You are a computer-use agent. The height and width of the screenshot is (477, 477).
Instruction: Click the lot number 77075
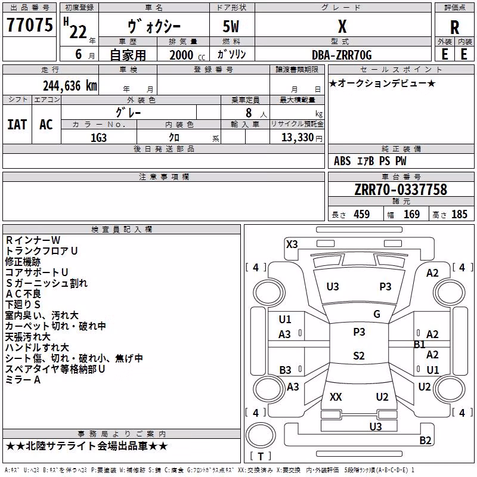(29, 24)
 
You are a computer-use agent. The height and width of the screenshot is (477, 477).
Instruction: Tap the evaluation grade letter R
(454, 27)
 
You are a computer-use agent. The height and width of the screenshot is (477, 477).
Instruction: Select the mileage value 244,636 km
(70, 86)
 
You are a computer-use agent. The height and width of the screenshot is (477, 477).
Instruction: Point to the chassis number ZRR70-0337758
(401, 190)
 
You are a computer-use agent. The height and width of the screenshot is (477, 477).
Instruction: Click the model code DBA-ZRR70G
(342, 55)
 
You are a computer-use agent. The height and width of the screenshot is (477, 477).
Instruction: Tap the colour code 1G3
(98, 138)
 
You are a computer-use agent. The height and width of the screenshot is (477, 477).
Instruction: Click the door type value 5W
(231, 26)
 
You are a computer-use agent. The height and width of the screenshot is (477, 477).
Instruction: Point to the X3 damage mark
(292, 244)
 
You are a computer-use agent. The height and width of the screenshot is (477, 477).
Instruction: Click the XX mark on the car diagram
(336, 397)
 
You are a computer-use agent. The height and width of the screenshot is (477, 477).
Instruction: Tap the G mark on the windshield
(377, 314)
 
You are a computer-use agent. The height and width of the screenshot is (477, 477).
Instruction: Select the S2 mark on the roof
(359, 355)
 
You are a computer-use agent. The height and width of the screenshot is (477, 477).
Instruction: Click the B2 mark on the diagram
(425, 440)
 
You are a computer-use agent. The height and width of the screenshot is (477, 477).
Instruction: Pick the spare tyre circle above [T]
(261, 435)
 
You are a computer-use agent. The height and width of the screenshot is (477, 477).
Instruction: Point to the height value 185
(459, 214)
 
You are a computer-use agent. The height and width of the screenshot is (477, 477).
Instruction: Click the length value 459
(362, 214)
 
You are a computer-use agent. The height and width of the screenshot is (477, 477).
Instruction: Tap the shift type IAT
(17, 125)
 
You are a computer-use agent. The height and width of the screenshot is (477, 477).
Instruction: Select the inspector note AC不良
(23, 294)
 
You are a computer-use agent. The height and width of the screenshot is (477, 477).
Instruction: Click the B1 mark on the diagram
(419, 345)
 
